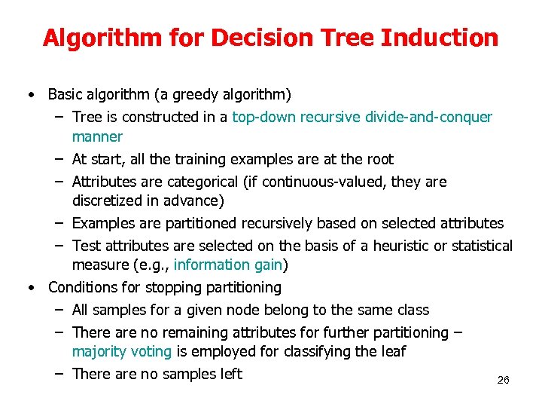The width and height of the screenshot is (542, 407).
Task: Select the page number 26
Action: [x=504, y=381]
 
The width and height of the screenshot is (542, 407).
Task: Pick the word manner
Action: [x=97, y=136]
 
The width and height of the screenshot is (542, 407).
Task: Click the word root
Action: [x=379, y=159]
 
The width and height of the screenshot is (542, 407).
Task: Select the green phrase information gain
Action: [x=228, y=265]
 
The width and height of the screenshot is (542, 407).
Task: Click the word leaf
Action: [x=393, y=351]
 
